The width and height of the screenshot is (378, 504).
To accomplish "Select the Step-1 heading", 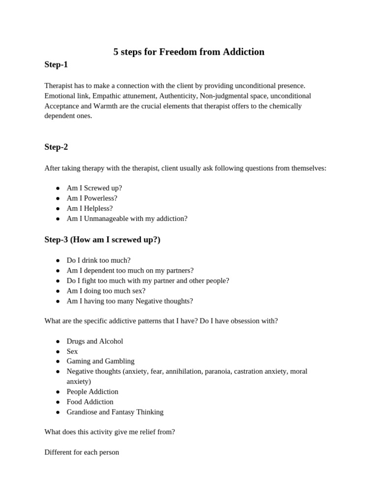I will pyautogui.click(x=56, y=64).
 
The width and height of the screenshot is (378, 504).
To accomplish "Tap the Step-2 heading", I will pyautogui.click(x=56, y=147).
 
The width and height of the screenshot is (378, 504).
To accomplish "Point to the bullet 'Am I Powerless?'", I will pyautogui.click(x=92, y=198).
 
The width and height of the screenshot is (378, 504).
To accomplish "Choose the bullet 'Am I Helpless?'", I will pyautogui.click(x=90, y=208).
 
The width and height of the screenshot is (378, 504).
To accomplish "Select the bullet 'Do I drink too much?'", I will pyautogui.click(x=98, y=260).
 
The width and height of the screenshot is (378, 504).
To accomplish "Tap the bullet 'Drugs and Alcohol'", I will pyautogui.click(x=95, y=341).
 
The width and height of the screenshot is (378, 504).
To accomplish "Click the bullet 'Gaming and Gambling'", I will pyautogui.click(x=100, y=361).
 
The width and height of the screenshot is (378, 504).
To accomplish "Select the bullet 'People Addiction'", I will pyautogui.click(x=93, y=391).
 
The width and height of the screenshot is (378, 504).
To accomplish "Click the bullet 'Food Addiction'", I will pyautogui.click(x=90, y=402).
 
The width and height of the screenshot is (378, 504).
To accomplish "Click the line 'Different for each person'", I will pyautogui.click(x=82, y=452).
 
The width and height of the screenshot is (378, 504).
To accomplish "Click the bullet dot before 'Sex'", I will pyautogui.click(x=58, y=351).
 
